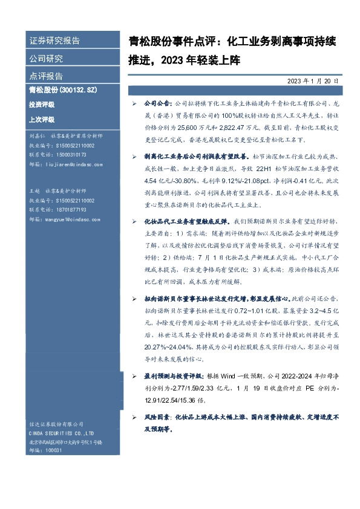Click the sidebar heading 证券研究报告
pyautogui.click(x=54, y=41)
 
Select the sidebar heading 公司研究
pyautogui.click(x=46, y=59)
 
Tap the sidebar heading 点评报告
pyautogui.click(x=46, y=76)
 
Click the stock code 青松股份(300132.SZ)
pyautogui.click(x=63, y=90)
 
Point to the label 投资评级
pyautogui.click(x=41, y=105)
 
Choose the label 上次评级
pyautogui.click(x=41, y=120)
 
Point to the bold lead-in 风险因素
pyautogui.click(x=158, y=418)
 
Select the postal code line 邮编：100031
pyautogui.click(x=46, y=450)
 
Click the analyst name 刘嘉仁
pyautogui.click(x=36, y=136)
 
